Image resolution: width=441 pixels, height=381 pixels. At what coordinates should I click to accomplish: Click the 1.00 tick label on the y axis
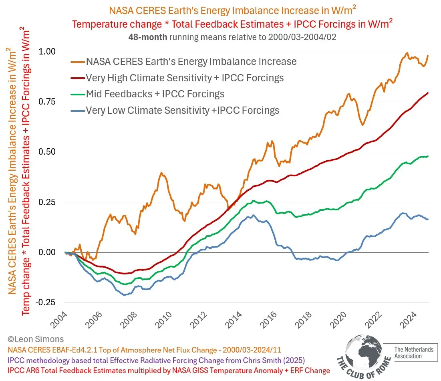[x=47, y=52]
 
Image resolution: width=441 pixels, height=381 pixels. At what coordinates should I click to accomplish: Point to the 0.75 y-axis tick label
[x=47, y=102]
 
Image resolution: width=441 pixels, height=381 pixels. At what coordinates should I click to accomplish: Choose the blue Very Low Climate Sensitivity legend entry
[x=183, y=110]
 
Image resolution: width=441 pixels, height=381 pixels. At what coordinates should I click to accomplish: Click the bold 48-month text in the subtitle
[x=145, y=37]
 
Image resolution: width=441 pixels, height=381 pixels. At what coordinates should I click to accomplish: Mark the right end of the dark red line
[x=428, y=93]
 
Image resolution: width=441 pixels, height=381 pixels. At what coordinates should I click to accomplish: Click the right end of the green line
[x=428, y=156]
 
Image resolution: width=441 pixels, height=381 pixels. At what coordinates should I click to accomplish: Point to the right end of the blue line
[x=428, y=219]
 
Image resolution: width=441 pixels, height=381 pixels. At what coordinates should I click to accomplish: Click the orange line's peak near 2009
[x=161, y=173]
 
